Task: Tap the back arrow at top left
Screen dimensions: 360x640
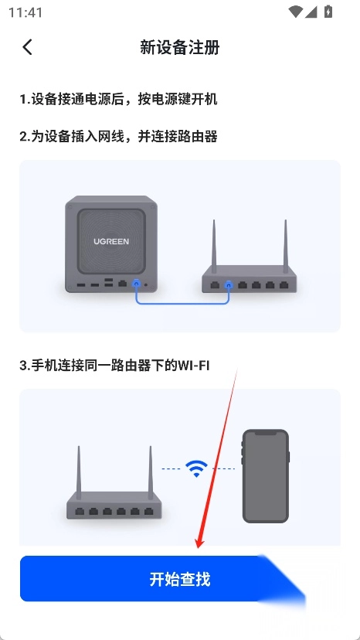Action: (27, 47)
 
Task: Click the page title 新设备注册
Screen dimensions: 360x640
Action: (179, 48)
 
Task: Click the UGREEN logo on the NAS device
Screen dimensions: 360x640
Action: (111, 241)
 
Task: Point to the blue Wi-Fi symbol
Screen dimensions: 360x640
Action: (197, 468)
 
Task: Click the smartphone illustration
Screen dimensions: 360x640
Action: (266, 476)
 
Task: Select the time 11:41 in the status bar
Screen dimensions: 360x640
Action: (25, 12)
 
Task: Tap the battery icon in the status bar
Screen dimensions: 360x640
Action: (328, 12)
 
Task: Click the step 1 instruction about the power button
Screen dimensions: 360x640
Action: (118, 99)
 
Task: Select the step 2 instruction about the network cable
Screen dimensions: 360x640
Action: (118, 136)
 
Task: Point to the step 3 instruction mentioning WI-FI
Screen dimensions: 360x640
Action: (114, 366)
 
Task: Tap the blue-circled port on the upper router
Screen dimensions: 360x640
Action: (229, 284)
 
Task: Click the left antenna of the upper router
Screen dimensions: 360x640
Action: (213, 243)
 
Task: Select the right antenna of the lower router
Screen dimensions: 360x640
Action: (150, 472)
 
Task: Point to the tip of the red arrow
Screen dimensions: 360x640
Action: (199, 548)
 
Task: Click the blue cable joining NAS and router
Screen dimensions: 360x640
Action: (182, 303)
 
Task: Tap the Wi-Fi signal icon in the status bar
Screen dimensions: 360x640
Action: (294, 12)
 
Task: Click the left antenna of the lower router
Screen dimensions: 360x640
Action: (78, 472)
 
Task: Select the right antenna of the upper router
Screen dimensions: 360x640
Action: (286, 243)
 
